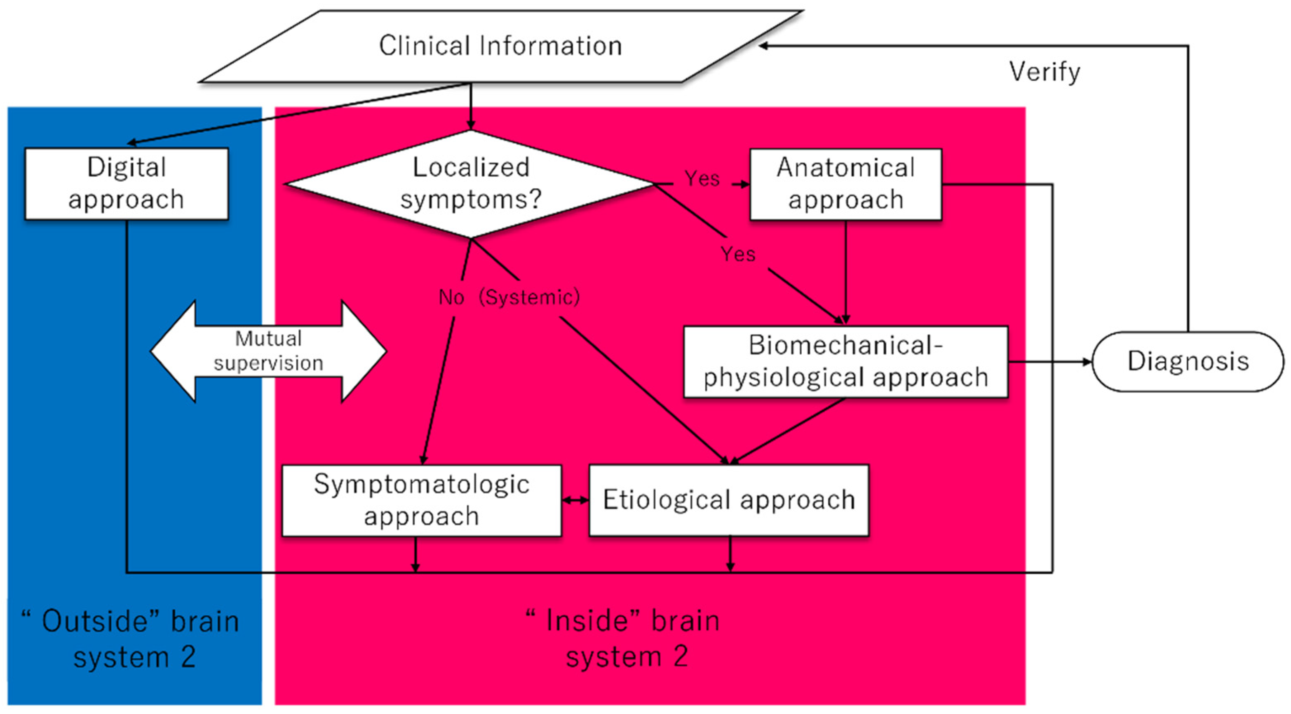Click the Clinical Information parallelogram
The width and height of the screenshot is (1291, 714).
coord(500,46)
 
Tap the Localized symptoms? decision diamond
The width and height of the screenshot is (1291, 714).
coord(470,184)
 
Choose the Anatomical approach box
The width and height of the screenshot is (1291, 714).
coord(845,184)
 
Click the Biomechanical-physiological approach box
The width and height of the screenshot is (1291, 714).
coord(845,362)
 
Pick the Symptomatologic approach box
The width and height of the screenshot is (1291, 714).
coord(422,500)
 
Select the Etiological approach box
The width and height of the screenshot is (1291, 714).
coord(729,500)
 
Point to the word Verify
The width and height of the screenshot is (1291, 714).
coord(1045,72)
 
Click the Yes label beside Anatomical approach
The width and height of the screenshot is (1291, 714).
coord(702,179)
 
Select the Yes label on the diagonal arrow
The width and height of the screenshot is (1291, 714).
coord(738,255)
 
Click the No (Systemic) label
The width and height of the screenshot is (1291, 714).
coord(509,297)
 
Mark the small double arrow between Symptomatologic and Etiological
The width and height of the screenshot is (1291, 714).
coord(575,500)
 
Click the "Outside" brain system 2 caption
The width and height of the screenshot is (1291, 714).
coord(131,639)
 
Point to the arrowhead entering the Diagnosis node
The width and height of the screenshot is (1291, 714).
coord(1087,362)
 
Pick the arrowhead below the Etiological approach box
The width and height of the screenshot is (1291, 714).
coord(730,566)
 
